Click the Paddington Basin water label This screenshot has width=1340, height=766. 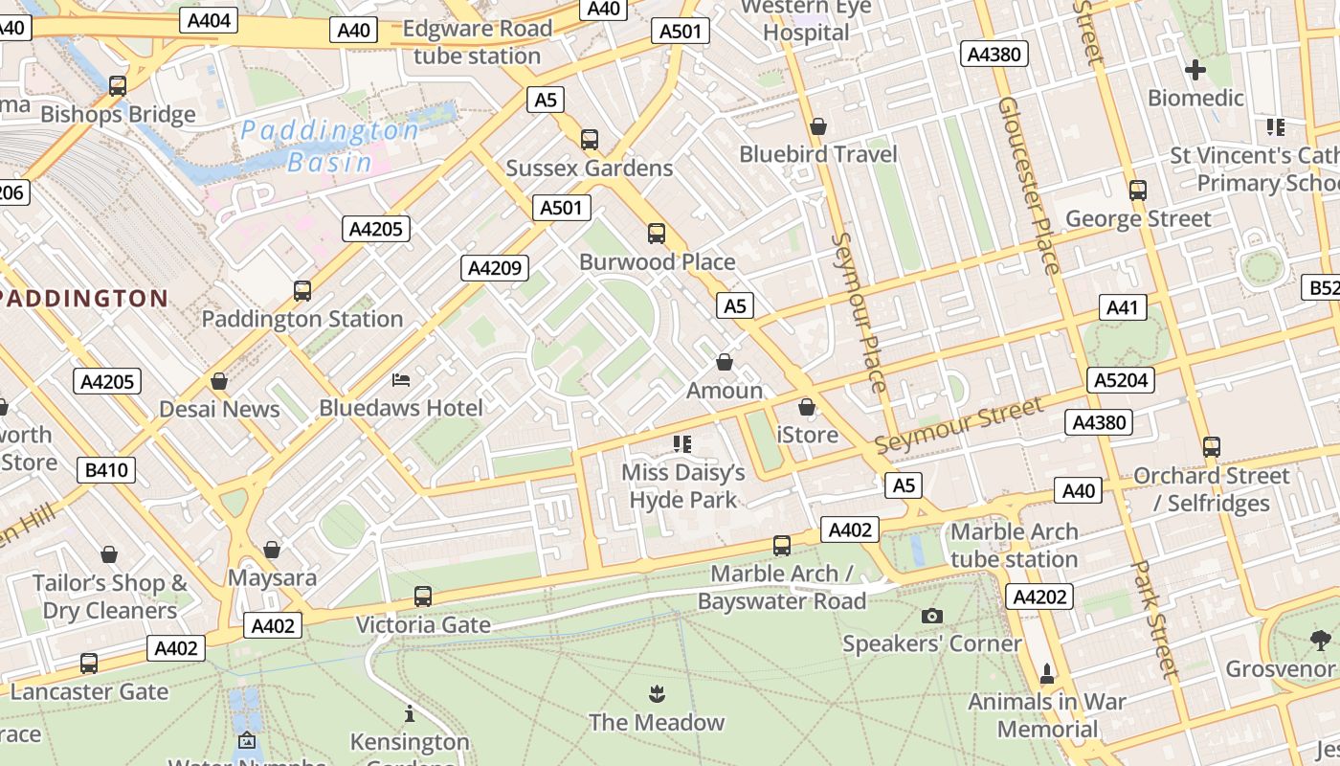pyautogui.click(x=329, y=146)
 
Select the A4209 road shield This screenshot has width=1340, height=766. pyautogui.click(x=495, y=268)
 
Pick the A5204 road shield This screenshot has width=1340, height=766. pyautogui.click(x=1121, y=380)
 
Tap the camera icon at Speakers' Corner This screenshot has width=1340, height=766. pyautogui.click(x=931, y=616)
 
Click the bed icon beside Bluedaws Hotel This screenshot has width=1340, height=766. pyautogui.click(x=401, y=380)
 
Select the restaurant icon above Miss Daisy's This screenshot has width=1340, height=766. pyautogui.click(x=682, y=443)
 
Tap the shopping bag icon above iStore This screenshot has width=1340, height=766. pyautogui.click(x=807, y=407)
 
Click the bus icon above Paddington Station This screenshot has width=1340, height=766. pyautogui.click(x=302, y=290)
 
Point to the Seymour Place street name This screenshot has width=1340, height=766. pyautogui.click(x=859, y=312)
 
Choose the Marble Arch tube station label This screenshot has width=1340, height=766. pyautogui.click(x=1014, y=545)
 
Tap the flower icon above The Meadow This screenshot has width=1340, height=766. pyautogui.click(x=657, y=693)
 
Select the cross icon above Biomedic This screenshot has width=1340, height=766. pyautogui.click(x=1195, y=70)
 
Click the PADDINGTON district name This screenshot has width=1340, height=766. pyautogui.click(x=84, y=298)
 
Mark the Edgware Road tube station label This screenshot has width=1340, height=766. pyautogui.click(x=477, y=42)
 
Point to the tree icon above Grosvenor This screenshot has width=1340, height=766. pyautogui.click(x=1321, y=640)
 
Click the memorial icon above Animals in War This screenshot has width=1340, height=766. pyautogui.click(x=1047, y=674)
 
